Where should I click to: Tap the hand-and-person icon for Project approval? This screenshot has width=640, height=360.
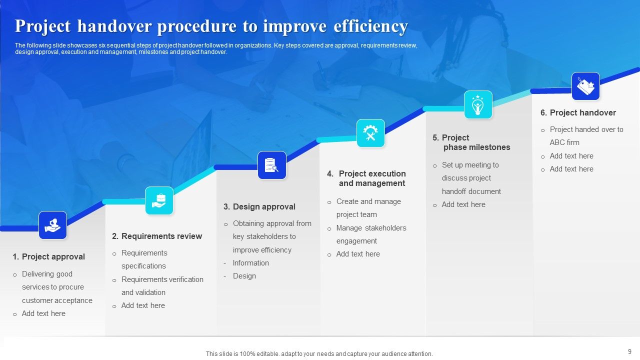(52, 225)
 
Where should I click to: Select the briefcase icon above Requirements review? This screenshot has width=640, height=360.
(159, 200)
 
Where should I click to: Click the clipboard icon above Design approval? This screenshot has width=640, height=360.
(271, 165)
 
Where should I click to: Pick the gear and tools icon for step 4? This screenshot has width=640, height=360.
(370, 133)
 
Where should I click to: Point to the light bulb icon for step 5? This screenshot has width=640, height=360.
(478, 104)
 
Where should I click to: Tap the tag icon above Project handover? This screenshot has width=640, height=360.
(585, 86)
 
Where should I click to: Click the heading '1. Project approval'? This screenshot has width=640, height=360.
(49, 256)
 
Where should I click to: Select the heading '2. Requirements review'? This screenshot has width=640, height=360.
(157, 236)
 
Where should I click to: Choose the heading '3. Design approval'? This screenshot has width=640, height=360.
(259, 206)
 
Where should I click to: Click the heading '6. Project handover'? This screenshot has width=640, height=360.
(578, 112)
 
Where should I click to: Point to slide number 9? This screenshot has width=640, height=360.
(629, 351)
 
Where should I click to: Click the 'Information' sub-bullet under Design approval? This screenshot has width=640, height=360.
(250, 263)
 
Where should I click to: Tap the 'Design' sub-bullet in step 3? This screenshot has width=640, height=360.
(244, 276)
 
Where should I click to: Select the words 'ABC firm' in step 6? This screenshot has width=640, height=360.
(564, 142)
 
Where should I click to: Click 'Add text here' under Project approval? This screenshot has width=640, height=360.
(43, 313)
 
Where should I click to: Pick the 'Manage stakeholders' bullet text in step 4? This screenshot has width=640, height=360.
(371, 228)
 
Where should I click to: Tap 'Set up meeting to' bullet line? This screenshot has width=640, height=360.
(470, 165)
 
